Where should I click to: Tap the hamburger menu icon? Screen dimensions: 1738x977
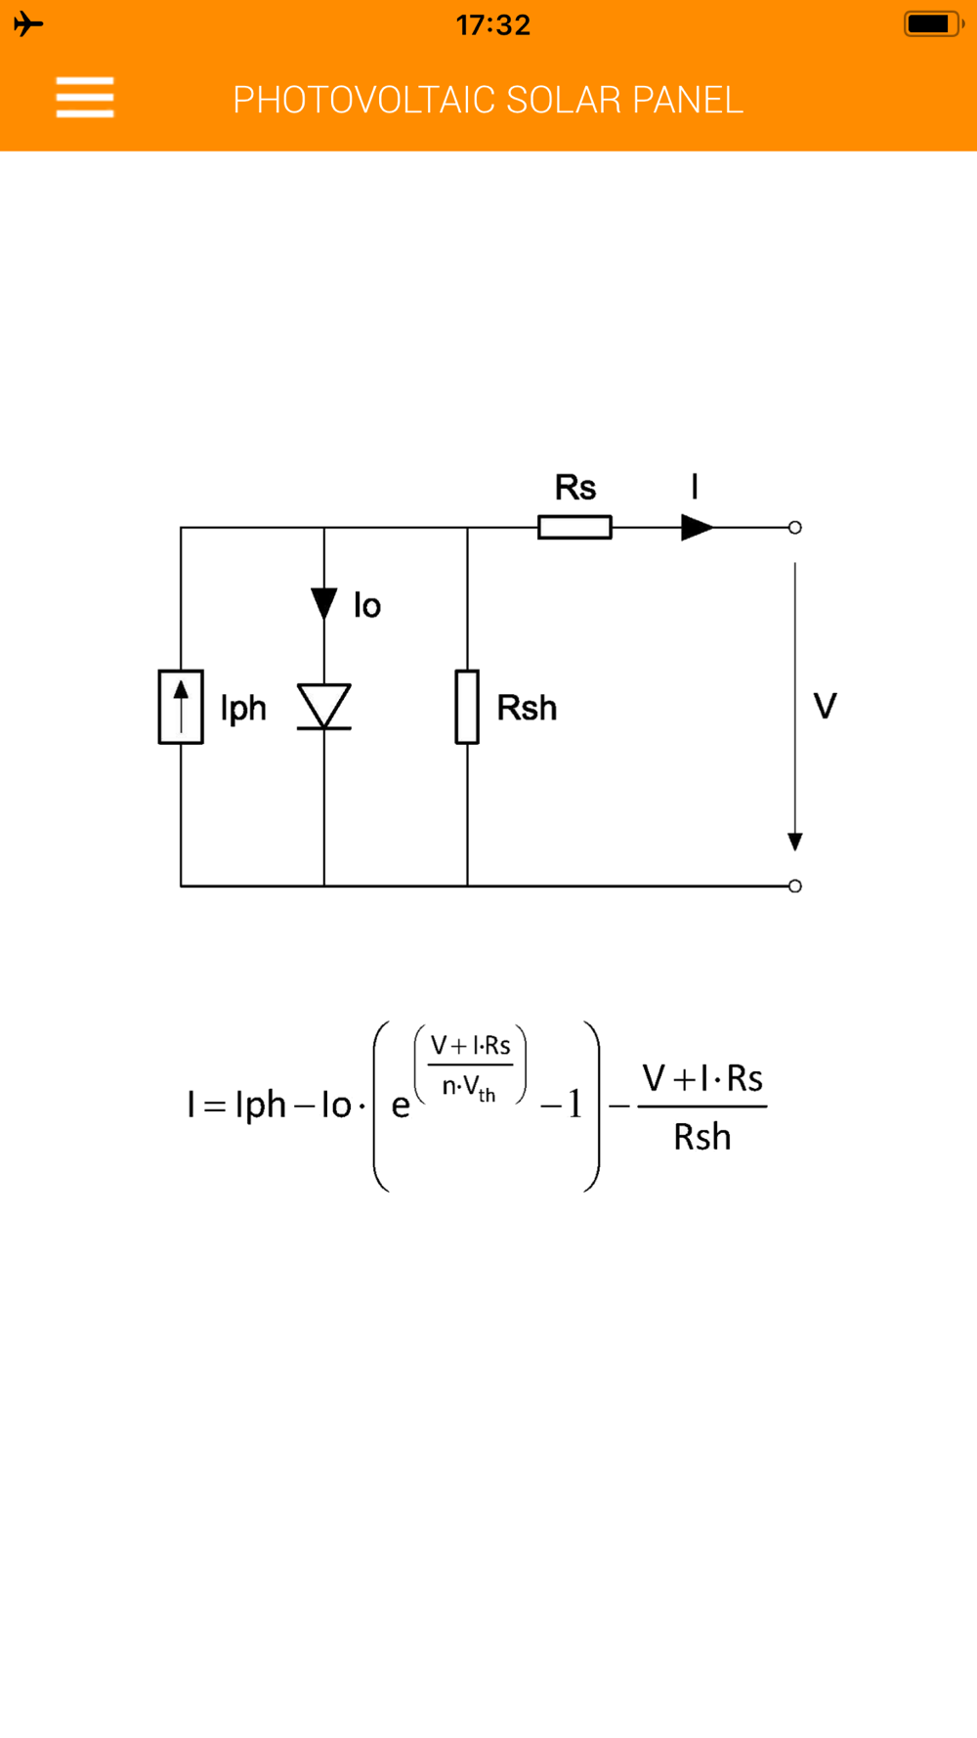tap(85, 98)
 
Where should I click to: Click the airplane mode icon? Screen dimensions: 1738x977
tap(28, 23)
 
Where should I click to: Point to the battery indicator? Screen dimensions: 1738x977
tap(932, 23)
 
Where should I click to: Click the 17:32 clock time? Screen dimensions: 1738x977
tap(493, 24)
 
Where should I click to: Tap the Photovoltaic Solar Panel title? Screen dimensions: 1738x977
tap(488, 100)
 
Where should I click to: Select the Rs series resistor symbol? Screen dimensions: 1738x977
tap(574, 528)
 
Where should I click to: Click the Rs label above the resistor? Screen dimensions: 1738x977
tap(574, 487)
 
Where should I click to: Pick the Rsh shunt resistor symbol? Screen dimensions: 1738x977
tap(467, 707)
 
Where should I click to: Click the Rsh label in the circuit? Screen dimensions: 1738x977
tap(527, 708)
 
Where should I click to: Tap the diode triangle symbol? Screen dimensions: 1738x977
tap(324, 705)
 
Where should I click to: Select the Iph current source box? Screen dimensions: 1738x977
tap(181, 707)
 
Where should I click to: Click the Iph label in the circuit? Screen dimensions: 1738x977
tap(243, 708)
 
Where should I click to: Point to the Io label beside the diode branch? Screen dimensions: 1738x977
tap(367, 606)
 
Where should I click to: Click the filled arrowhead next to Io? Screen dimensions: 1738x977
tap(324, 602)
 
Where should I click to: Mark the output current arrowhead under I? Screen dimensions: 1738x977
tap(697, 528)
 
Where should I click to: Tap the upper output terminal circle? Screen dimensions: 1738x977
tap(795, 528)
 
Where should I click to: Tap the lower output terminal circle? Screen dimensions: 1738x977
tap(795, 886)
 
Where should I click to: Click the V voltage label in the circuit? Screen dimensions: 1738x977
tap(825, 706)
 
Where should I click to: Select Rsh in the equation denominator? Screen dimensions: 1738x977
tap(701, 1137)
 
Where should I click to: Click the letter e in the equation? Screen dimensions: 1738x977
tap(401, 1106)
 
